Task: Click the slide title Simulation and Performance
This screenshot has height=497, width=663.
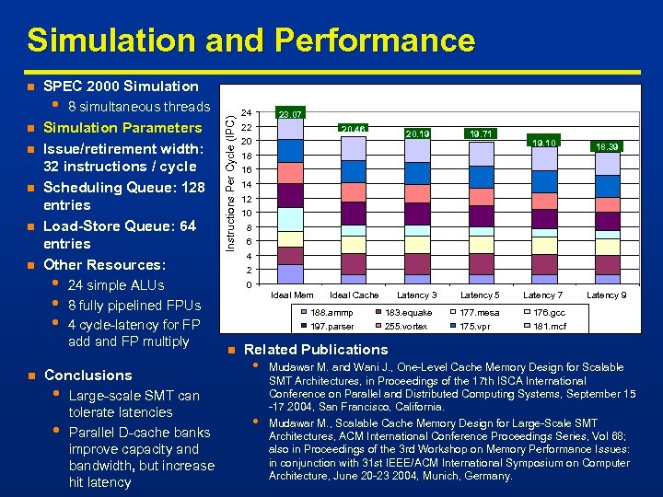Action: (x=250, y=40)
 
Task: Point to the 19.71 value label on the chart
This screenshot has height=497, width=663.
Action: (x=481, y=133)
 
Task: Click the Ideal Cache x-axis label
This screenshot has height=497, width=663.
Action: (x=354, y=295)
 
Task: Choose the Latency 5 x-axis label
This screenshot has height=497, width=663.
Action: (x=480, y=295)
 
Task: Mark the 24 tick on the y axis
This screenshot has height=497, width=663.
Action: (x=246, y=113)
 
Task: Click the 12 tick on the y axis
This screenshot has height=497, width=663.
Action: (x=246, y=199)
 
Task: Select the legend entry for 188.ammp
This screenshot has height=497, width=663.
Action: (x=331, y=313)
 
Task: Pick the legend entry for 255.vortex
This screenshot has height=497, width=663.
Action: (x=406, y=327)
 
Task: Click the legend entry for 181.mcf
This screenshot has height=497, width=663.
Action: (x=551, y=327)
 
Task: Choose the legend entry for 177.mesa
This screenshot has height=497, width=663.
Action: (x=480, y=313)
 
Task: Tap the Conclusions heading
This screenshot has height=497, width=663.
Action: (x=87, y=376)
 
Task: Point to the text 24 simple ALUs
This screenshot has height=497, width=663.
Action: (x=116, y=284)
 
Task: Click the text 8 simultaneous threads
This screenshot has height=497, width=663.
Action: (x=139, y=107)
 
